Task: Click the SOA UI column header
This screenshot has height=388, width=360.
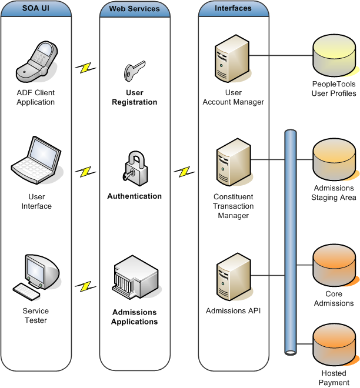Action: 36,9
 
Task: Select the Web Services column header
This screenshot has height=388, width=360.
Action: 134,9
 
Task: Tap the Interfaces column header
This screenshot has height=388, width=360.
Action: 233,9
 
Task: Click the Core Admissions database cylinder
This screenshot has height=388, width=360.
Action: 334,264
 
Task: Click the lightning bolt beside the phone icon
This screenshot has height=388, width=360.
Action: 85,68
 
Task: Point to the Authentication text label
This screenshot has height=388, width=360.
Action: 134,196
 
